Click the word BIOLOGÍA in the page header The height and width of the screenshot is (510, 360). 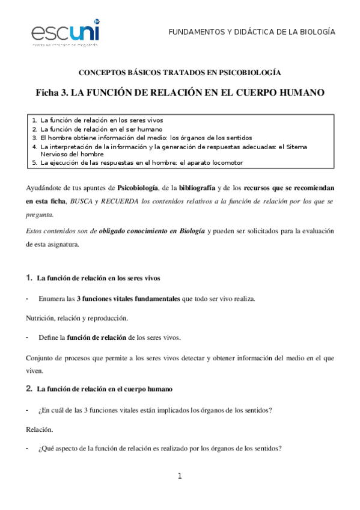pos(316,31)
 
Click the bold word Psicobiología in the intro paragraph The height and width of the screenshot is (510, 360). pos(138,188)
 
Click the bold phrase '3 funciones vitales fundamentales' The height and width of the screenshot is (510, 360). pos(128,298)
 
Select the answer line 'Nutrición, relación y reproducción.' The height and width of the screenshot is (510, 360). pos(77,317)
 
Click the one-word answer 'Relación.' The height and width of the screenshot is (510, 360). pos(39,430)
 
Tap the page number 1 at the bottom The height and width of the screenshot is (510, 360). pos(180,477)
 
